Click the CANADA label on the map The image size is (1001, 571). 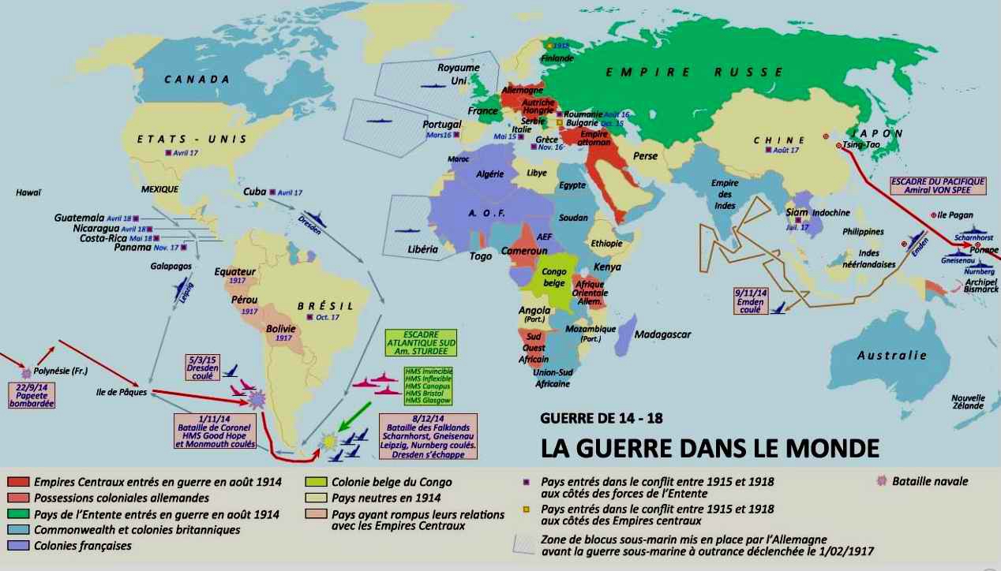tap(197, 80)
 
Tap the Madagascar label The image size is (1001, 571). tap(662, 334)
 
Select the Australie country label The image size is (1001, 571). tap(892, 356)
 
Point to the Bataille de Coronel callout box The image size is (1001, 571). tap(215, 430)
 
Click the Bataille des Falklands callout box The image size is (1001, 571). tap(428, 430)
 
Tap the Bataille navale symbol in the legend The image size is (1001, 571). tap(882, 481)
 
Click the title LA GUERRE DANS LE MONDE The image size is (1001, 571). tap(710, 447)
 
